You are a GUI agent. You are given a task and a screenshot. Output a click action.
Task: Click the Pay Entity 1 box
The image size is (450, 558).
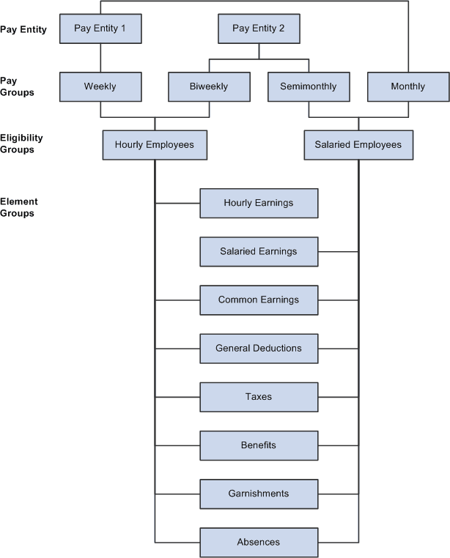pos(100,29)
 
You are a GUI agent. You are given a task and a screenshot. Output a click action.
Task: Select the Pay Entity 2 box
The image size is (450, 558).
pos(258,29)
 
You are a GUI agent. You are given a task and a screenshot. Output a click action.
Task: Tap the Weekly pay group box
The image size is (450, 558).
pos(100,86)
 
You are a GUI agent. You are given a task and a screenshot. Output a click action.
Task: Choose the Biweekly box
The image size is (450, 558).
pos(209,86)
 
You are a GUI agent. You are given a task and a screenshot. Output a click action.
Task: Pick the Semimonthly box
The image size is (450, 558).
pos(308,86)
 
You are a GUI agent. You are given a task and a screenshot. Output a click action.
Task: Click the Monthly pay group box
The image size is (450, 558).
pos(407,86)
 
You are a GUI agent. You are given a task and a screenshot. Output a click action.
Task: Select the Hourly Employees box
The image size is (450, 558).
pos(155,145)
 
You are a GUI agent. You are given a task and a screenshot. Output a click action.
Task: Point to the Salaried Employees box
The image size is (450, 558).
pos(358,145)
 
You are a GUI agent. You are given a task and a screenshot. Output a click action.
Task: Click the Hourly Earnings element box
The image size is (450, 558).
pos(259,203)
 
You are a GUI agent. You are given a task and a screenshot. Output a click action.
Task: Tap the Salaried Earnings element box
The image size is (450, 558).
pos(259,251)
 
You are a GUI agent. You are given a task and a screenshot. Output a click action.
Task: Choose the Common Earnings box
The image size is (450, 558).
pos(259,300)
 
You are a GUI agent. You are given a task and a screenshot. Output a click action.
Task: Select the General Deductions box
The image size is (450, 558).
pos(259,349)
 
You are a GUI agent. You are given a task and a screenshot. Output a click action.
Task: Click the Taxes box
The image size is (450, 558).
pos(259,397)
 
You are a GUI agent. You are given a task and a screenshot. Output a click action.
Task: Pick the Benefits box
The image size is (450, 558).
pos(259,445)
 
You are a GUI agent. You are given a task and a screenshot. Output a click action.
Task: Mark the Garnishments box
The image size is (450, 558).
pos(259,494)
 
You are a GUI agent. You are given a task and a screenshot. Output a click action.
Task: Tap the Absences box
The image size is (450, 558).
pos(259,542)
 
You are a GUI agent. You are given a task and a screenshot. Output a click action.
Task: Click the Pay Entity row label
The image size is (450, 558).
pos(23,30)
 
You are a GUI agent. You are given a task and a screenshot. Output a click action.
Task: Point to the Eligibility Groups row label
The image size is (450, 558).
pos(22,144)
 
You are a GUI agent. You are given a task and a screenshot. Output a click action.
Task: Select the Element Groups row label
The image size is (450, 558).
pos(19,207)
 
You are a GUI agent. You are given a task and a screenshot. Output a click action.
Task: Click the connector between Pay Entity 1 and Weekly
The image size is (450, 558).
pos(100,57)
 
